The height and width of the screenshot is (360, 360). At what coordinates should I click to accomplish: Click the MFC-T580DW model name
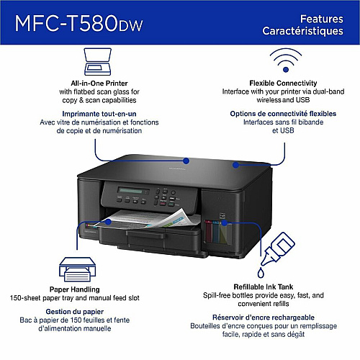coord(78,23)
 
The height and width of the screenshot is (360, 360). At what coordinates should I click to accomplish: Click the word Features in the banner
coord(322,19)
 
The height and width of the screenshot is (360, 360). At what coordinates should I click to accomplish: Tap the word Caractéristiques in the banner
coord(302,31)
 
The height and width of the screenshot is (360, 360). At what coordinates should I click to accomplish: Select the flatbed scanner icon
coord(97,62)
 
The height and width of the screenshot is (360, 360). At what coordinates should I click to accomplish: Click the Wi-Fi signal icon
coord(286,60)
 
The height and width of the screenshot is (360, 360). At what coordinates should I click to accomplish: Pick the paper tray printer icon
coord(77,269)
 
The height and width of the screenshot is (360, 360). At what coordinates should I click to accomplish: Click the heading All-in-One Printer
coord(99,84)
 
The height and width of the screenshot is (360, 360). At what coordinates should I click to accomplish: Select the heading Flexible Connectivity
coord(283,83)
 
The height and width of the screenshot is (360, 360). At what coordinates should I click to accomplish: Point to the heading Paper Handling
coord(75,289)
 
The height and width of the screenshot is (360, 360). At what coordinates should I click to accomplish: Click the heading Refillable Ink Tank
coord(264,287)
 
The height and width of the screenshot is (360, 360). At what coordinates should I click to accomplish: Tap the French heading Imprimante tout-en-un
coord(99,114)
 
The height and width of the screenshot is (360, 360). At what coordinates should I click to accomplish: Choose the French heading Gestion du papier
coord(75,312)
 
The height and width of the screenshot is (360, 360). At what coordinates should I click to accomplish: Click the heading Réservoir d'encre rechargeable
coord(264,318)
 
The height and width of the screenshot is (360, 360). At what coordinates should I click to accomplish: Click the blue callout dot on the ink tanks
coord(224,222)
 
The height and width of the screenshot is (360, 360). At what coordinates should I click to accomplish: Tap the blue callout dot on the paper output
coord(109,222)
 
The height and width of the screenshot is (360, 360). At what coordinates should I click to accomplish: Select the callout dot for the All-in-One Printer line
coord(186,161)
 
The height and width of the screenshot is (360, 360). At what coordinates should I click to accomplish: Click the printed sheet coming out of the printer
coord(146,219)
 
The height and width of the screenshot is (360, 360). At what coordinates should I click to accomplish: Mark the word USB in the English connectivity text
coord(302,100)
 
